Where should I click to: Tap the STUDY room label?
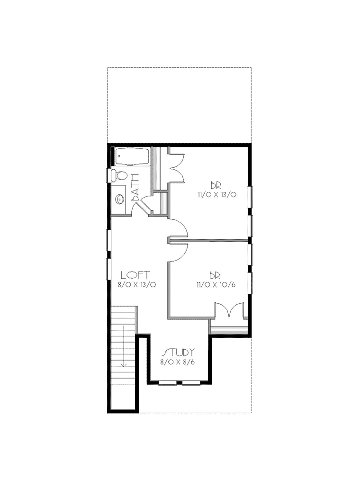(x=179, y=352)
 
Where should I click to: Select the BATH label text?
(x=135, y=187)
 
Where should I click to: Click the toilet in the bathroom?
(x=120, y=175)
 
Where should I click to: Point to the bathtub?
(x=132, y=157)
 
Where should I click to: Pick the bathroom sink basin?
(x=120, y=199)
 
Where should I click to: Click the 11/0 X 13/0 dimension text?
(x=217, y=195)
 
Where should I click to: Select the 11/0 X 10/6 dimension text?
(x=216, y=285)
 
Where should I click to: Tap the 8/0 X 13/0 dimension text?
(x=137, y=285)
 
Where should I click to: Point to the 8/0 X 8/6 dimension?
(x=178, y=362)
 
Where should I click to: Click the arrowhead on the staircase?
(x=124, y=364)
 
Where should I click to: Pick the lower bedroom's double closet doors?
(x=230, y=309)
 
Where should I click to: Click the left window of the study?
(x=168, y=383)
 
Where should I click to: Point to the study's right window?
(x=191, y=383)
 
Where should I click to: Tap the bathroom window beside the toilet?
(x=109, y=176)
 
